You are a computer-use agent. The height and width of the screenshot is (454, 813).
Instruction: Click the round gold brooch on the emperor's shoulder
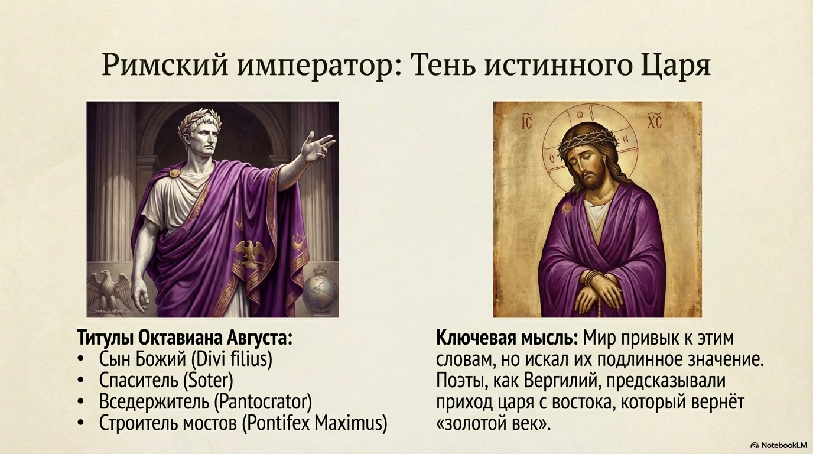pyautogui.click(x=174, y=173)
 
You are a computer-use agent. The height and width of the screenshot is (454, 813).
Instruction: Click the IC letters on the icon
pyautogui.click(x=526, y=124)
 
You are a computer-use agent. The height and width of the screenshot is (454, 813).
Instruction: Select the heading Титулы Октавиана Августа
pyautogui.click(x=185, y=339)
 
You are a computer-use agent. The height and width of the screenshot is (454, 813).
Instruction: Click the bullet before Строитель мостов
pyautogui.click(x=81, y=423)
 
